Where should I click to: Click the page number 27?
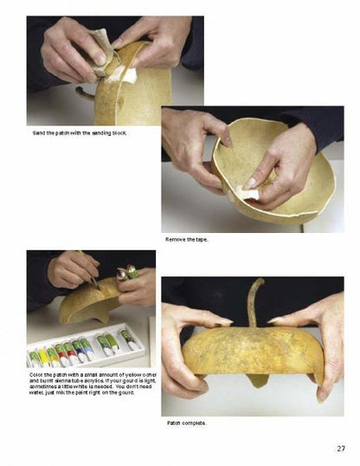coord(341,448)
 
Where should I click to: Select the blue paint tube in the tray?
coord(87,349)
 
